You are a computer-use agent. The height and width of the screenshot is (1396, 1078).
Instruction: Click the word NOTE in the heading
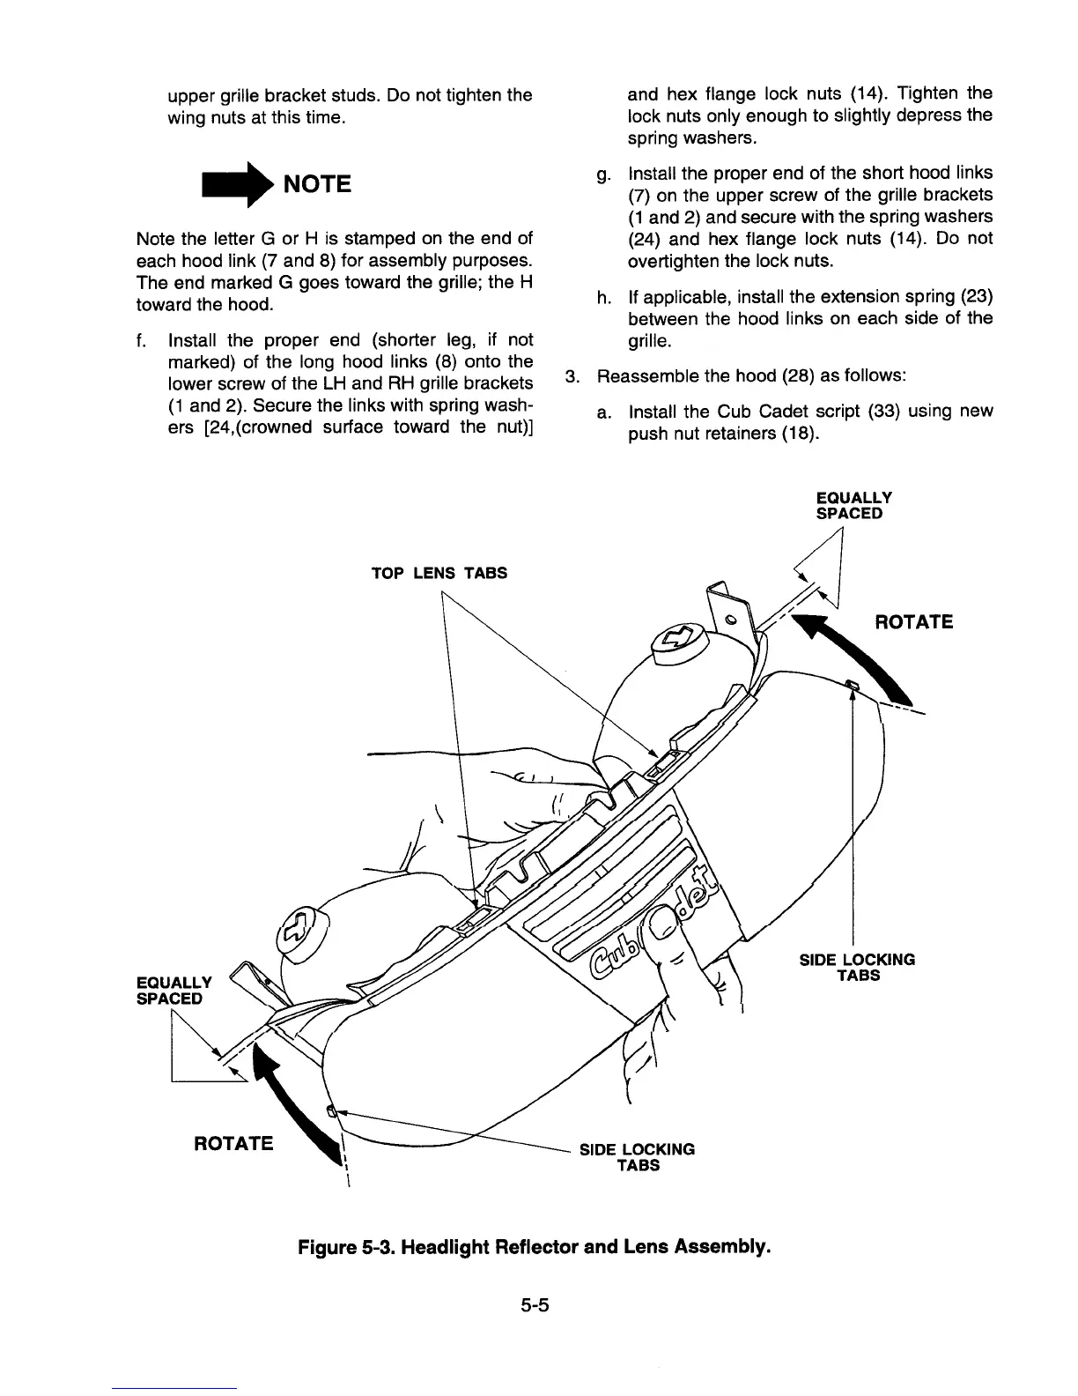click(315, 184)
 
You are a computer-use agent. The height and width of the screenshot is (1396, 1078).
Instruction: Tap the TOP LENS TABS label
click(439, 573)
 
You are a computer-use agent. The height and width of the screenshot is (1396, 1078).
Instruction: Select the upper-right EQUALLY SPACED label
click(853, 505)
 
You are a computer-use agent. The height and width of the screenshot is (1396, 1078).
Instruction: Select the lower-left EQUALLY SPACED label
click(174, 991)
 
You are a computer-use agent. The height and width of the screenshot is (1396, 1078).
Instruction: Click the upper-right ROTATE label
click(914, 622)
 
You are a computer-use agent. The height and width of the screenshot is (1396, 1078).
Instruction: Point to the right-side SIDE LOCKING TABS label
click(857, 967)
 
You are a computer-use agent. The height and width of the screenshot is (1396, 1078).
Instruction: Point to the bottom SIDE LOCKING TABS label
click(637, 1157)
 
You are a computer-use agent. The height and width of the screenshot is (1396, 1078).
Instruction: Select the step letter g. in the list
click(601, 174)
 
